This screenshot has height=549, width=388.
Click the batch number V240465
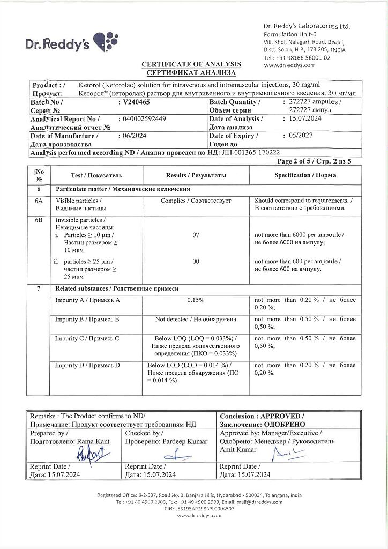point(137,101)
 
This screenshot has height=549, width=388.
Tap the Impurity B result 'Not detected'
point(196,320)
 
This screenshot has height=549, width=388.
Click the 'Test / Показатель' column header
point(96,175)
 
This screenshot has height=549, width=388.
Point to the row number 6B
point(39,220)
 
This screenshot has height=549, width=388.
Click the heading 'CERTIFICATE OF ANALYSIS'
point(191,64)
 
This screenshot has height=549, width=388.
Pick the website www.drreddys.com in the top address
point(289,65)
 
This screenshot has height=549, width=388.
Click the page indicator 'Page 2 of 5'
point(296,161)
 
